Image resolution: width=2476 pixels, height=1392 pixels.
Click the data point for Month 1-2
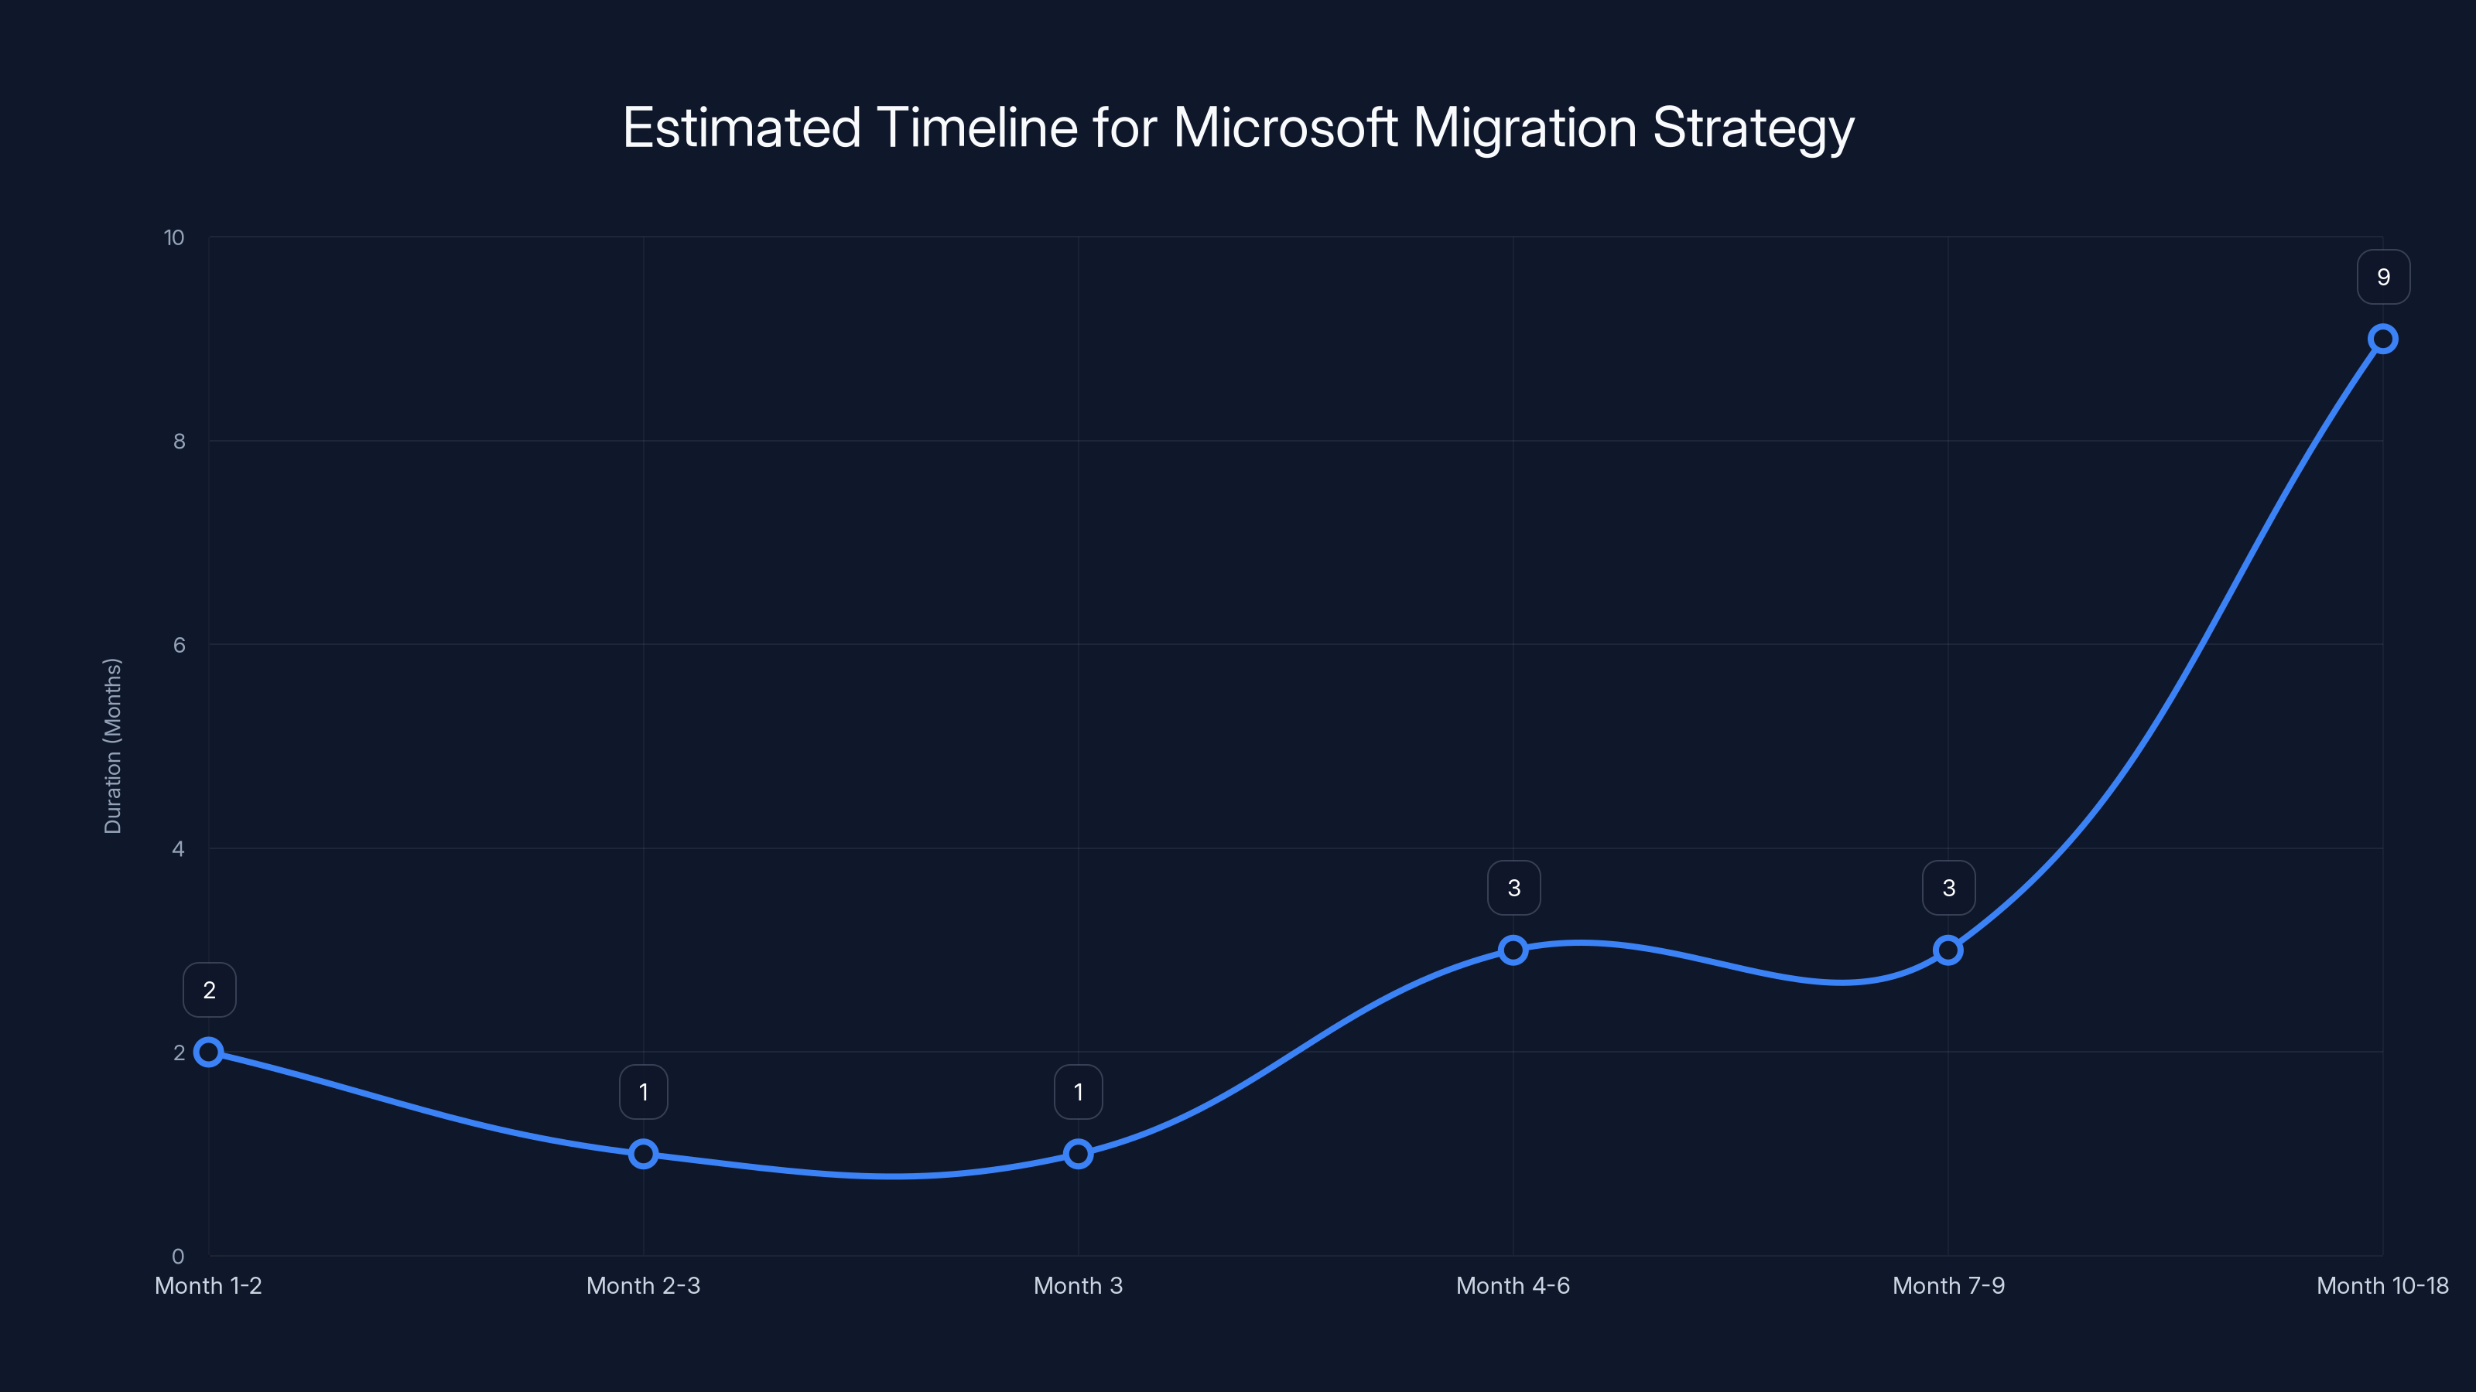click(x=209, y=1052)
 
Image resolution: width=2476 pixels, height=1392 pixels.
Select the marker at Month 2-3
click(x=643, y=1154)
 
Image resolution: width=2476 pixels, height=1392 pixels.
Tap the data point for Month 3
click(x=1079, y=1154)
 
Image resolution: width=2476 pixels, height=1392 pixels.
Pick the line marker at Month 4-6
click(x=1513, y=950)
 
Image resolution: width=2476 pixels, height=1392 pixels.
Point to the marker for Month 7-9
click(x=1948, y=950)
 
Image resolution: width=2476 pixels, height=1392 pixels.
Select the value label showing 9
click(x=2383, y=277)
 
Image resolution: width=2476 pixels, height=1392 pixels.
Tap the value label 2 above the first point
click(x=209, y=990)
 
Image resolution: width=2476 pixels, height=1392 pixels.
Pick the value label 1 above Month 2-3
click(x=643, y=1091)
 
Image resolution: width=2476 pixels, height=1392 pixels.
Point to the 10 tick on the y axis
click(x=174, y=237)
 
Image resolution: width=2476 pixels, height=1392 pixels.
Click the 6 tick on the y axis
click(x=179, y=645)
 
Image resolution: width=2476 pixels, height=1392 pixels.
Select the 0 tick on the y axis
click(x=178, y=1256)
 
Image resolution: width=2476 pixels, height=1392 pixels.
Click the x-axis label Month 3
click(x=1078, y=1285)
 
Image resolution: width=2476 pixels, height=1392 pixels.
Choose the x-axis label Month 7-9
click(x=1948, y=1285)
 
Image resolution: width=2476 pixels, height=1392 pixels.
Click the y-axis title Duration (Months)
click(x=112, y=745)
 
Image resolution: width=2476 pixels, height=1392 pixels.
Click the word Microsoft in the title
click(x=1284, y=128)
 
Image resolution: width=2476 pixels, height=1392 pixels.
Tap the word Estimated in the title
click(x=741, y=128)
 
